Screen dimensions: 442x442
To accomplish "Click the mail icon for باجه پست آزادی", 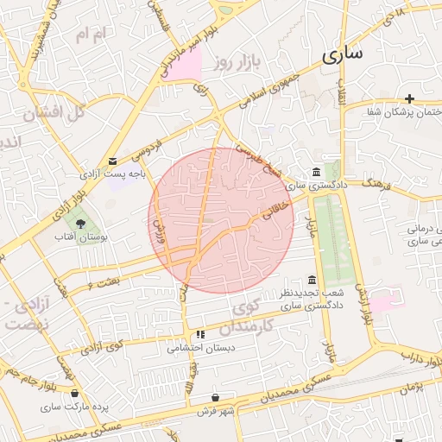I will [113, 161].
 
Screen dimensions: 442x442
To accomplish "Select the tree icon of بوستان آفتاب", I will [80, 224].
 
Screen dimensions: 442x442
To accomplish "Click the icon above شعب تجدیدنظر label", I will [312, 281].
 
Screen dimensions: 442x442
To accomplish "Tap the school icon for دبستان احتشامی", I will [200, 334].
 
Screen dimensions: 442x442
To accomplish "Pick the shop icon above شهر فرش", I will [216, 397].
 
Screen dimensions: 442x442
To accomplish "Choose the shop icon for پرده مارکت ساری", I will [76, 393].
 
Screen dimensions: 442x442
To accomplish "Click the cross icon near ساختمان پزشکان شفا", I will [409, 99].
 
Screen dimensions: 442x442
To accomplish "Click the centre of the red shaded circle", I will [222, 220].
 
